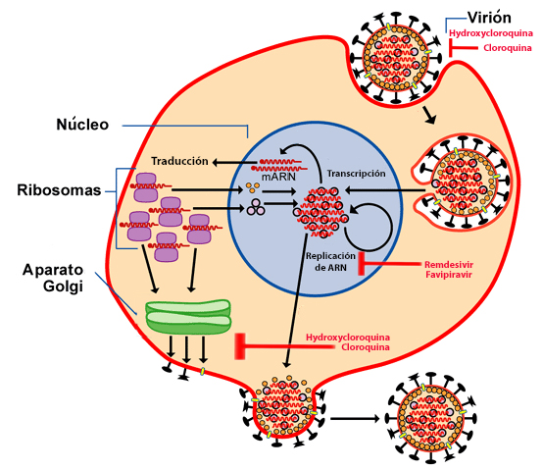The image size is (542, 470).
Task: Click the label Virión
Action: pos(489,18)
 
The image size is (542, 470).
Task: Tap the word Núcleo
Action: pos(82,125)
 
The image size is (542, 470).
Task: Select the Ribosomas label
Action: pos(59,190)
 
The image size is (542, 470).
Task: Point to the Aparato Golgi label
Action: pos(53,278)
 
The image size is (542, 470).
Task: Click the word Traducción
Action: pos(179,161)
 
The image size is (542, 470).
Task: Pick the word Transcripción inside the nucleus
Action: pos(357,174)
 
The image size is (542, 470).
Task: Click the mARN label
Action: pos(278,177)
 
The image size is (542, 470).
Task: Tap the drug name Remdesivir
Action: pos(449,265)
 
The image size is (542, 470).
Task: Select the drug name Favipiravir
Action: pos(449,275)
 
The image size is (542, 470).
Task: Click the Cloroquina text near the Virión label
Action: pos(508,48)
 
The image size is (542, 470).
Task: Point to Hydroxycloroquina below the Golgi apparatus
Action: pos(348,338)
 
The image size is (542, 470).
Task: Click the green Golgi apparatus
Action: pos(188,317)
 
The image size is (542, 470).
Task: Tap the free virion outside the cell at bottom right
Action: pos(431,418)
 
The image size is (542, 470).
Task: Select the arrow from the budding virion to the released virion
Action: pos(355,418)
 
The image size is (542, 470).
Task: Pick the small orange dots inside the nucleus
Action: pos(252,188)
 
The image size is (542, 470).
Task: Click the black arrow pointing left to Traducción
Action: pos(234,162)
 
